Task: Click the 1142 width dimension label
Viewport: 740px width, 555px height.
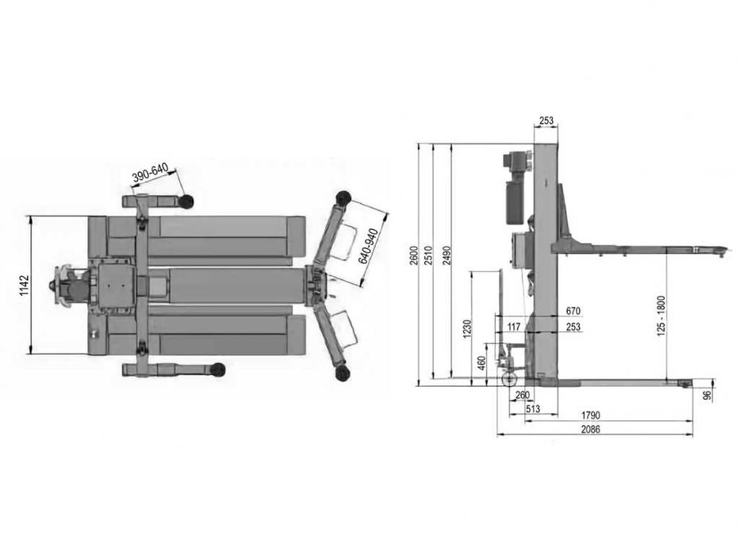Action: click(24, 285)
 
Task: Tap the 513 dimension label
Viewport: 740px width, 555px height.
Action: click(532, 409)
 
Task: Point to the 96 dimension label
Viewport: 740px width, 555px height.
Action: click(706, 393)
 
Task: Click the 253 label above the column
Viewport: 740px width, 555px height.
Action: click(546, 121)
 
